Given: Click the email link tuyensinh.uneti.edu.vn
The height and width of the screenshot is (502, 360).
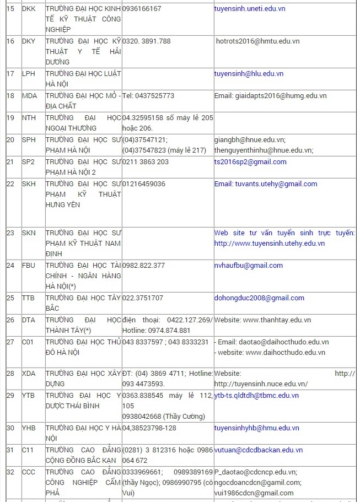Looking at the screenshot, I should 249,9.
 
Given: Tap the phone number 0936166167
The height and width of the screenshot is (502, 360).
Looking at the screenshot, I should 142,9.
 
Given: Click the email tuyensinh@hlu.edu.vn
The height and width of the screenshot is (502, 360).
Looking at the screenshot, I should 249,74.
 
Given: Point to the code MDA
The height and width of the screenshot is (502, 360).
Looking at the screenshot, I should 29,96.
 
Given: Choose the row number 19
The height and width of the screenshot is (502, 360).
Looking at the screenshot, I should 10,118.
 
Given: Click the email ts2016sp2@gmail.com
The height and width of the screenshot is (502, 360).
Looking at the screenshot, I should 250,162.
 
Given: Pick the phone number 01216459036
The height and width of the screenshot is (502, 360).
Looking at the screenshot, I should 144,184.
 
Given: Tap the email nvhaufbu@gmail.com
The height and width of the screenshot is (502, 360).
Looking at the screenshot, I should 248,266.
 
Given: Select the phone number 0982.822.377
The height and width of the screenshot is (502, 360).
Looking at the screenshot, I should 143,266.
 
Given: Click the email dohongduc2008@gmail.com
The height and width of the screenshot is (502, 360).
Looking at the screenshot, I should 259,298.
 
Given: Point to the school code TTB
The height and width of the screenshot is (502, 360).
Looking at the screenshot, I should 28,298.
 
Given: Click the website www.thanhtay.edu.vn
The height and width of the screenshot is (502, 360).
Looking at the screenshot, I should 277,320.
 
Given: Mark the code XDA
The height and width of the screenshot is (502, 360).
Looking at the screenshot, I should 29,374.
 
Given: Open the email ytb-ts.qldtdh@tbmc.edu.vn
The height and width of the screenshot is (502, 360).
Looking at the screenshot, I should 256,396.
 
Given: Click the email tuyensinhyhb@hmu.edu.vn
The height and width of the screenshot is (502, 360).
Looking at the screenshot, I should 256,428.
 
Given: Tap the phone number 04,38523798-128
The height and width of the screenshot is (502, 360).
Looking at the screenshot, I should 149,428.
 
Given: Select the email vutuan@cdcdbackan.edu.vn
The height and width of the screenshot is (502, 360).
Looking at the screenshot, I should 258,450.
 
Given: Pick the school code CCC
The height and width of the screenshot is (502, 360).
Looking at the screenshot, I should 29,472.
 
